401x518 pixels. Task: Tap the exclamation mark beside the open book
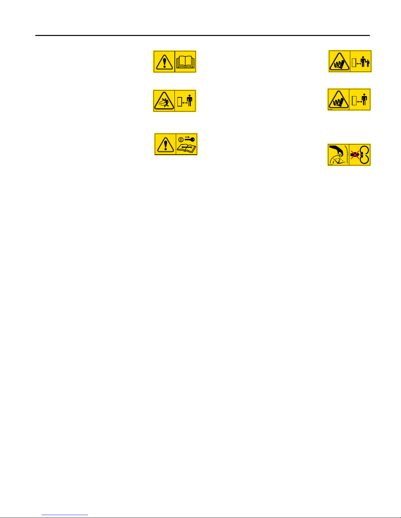(x=164, y=61)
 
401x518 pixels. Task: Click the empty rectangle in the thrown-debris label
(x=179, y=102)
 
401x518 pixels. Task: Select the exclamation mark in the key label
(x=165, y=144)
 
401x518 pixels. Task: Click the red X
(x=355, y=154)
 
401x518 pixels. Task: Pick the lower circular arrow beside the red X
(x=364, y=159)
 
